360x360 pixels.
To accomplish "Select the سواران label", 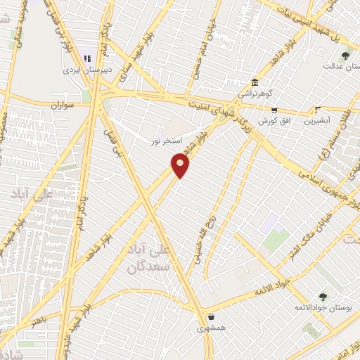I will click(63, 105).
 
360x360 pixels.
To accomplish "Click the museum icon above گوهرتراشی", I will click(253, 82).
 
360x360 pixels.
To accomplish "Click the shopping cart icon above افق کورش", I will click(274, 110).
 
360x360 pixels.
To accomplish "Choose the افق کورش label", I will click(273, 121).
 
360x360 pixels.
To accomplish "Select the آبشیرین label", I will click(319, 121).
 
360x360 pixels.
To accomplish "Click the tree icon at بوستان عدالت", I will click(345, 55).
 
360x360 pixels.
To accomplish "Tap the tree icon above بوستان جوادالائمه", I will click(322, 297).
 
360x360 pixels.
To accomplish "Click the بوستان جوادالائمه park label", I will click(321, 309).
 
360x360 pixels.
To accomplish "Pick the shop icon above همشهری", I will click(212, 316).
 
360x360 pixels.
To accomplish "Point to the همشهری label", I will click(212, 328).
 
